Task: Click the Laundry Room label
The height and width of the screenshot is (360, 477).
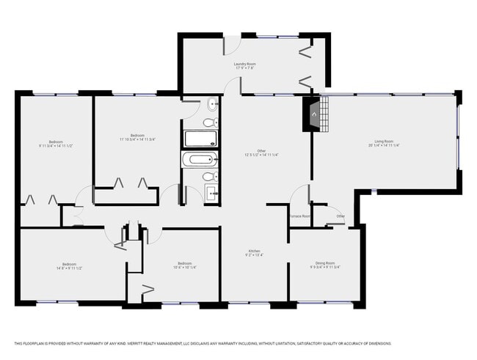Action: tap(244, 65)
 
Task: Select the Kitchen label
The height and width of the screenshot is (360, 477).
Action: tap(254, 251)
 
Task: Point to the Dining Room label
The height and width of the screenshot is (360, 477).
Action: tap(325, 262)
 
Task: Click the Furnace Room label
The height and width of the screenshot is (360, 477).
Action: tap(299, 216)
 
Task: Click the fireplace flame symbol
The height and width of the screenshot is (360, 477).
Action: tap(313, 114)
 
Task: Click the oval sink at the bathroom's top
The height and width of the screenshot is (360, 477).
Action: tap(211, 104)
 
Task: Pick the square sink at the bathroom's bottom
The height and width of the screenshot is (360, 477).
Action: tap(211, 194)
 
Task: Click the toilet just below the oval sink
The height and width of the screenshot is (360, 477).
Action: tap(209, 122)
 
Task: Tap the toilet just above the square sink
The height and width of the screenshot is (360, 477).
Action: tap(208, 177)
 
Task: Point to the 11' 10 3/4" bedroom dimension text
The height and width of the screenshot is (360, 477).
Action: tap(137, 139)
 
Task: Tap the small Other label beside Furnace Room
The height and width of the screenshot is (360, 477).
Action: tap(341, 216)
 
